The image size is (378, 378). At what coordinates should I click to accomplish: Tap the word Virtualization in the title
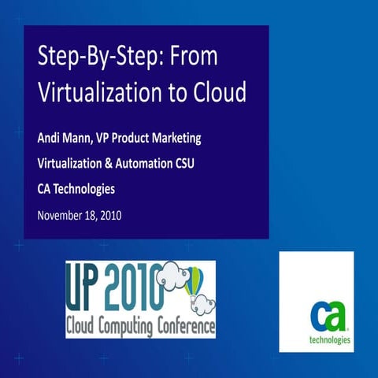point(102,92)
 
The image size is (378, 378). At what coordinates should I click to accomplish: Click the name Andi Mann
point(67,138)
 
